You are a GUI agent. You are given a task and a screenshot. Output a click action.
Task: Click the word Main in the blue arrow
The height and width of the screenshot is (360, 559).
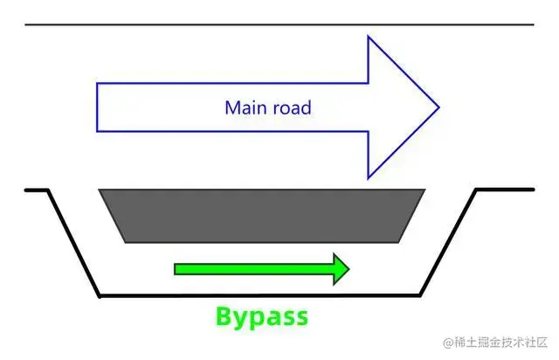[244, 108]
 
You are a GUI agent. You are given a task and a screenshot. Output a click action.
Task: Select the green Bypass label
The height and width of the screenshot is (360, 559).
[261, 315]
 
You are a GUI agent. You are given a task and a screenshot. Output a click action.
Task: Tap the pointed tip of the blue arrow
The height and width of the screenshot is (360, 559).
[438, 108]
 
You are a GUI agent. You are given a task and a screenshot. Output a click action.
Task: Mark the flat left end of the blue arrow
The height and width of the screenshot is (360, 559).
[98, 108]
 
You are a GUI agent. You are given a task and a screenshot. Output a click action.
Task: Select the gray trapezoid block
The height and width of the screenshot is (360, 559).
[262, 215]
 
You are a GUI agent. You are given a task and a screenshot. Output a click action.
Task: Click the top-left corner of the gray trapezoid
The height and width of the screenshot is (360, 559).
[100, 190]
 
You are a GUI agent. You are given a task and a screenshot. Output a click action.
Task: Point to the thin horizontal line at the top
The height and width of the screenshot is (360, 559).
[279, 24]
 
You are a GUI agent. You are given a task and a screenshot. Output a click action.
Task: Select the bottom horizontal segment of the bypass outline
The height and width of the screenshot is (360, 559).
[262, 295]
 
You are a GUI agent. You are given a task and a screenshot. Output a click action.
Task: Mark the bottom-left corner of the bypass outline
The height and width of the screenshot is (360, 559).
[100, 295]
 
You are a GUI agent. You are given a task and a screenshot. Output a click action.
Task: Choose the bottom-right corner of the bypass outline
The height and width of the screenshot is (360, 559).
[424, 295]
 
